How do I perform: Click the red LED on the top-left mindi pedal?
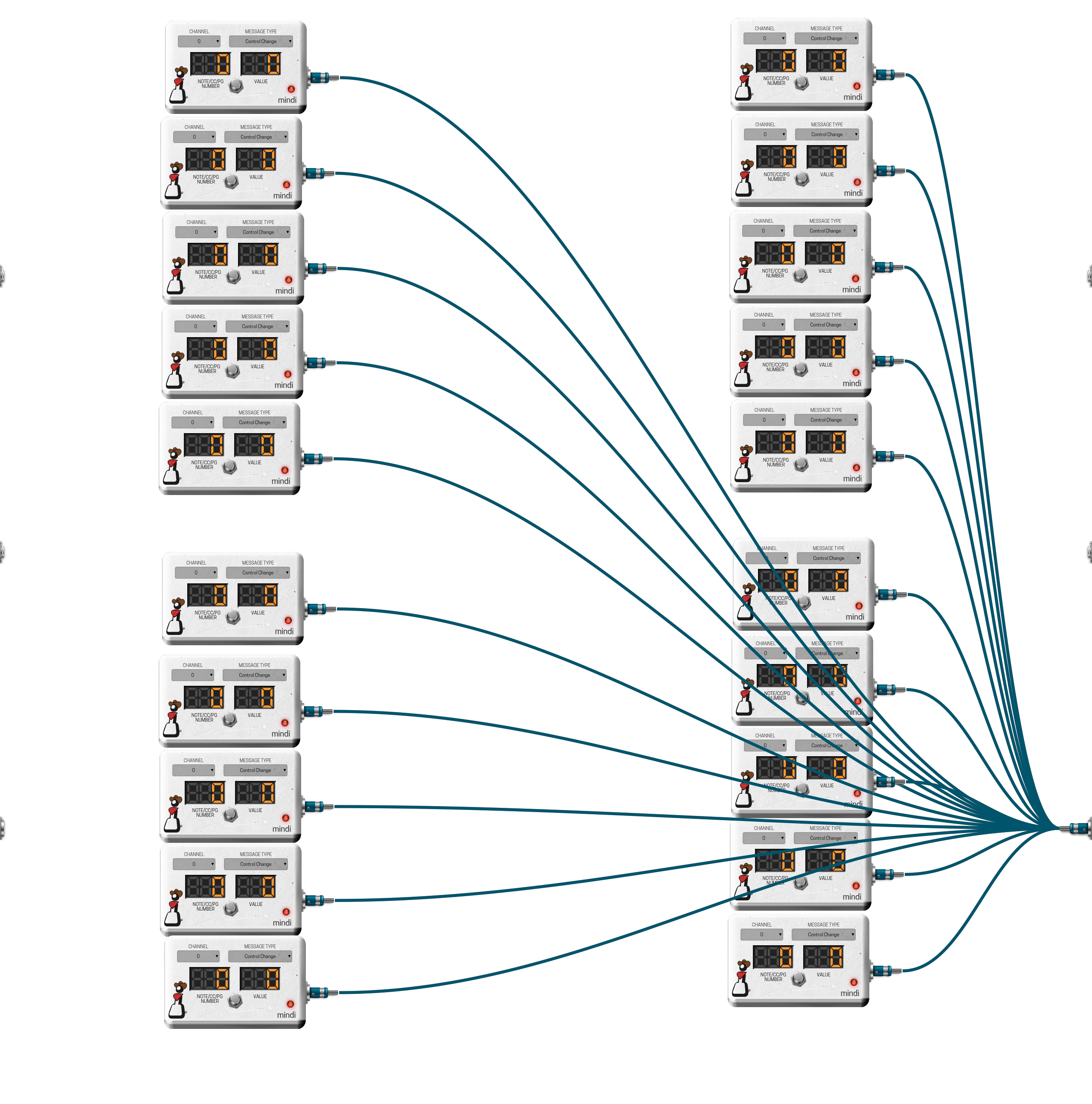point(291,89)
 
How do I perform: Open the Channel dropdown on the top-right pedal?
point(764,38)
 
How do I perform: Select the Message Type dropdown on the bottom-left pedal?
point(260,956)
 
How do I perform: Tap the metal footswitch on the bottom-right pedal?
point(799,979)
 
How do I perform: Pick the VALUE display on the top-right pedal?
point(826,61)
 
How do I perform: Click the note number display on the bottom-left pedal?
point(209,978)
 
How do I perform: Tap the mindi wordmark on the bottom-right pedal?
point(849,993)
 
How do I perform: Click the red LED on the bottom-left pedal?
point(290,1004)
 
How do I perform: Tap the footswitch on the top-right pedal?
point(801,83)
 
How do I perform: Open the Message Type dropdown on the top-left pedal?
point(261,41)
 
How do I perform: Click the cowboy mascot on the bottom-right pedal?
point(742,978)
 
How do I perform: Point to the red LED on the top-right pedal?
point(856,86)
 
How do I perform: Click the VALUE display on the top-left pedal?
point(261,64)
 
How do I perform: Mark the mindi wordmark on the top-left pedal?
point(287,100)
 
